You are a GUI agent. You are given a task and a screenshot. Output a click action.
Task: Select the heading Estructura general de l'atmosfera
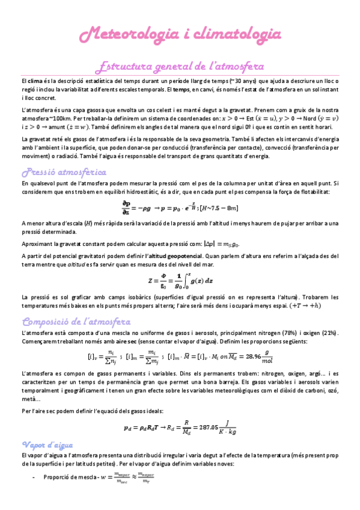coord(180,66)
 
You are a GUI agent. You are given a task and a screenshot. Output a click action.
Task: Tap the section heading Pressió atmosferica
coord(64,173)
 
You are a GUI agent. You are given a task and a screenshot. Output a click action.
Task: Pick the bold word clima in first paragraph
coord(34,81)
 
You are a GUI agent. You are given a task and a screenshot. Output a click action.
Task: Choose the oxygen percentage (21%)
coord(328,333)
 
